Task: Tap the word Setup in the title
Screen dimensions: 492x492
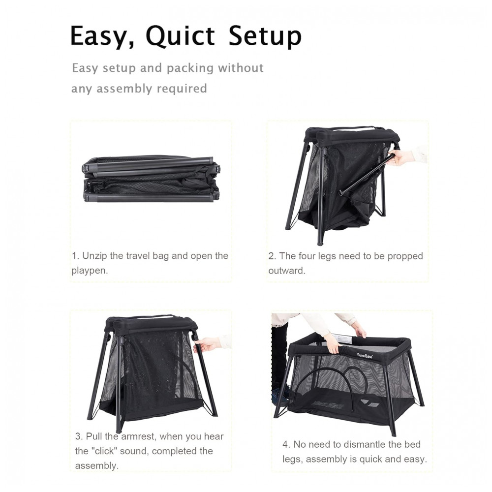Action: (x=265, y=37)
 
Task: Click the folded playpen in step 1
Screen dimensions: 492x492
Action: (x=151, y=179)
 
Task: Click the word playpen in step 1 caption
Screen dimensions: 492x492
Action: (x=89, y=271)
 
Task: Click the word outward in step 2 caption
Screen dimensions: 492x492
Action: (x=286, y=271)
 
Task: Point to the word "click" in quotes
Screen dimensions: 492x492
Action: (x=102, y=451)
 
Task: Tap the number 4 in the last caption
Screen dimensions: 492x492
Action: (x=285, y=445)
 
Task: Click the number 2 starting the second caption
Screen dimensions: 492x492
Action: (x=272, y=256)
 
